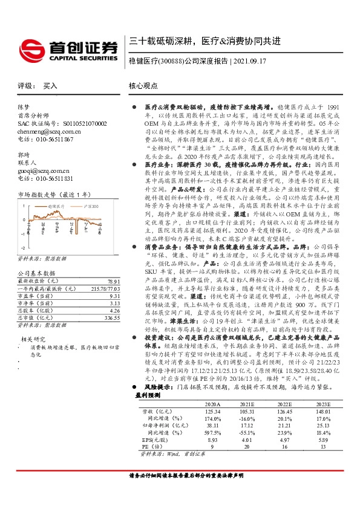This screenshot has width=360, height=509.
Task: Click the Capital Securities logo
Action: coord(67,48)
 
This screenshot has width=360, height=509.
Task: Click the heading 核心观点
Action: coord(143,86)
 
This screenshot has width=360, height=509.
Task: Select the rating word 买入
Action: coord(50,86)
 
